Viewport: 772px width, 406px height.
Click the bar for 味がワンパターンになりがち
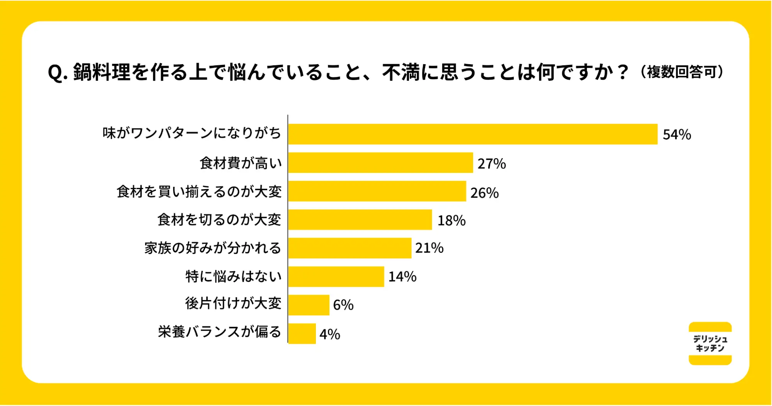473,134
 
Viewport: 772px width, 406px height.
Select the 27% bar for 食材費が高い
380,163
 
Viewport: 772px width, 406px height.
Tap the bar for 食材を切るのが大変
360,220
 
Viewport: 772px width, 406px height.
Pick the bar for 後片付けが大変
309,305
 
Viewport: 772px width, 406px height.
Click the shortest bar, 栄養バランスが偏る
302,333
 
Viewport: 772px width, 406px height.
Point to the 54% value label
677,135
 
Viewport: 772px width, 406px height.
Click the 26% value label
485,193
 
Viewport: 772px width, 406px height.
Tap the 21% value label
429,248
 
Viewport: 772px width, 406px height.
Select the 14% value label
402,277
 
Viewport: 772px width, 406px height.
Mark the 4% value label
330,334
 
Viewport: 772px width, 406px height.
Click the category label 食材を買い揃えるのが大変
199,191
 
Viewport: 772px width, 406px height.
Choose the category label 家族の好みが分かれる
213,248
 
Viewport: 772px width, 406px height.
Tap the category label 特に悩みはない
234,276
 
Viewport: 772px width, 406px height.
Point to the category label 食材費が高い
241,163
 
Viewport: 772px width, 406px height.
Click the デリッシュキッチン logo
710,343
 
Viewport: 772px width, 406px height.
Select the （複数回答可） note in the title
682,72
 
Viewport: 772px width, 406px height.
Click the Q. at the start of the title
58,73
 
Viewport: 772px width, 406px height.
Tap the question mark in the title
623,72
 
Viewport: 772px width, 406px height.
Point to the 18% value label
451,221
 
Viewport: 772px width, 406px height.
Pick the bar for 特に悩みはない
336,276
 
